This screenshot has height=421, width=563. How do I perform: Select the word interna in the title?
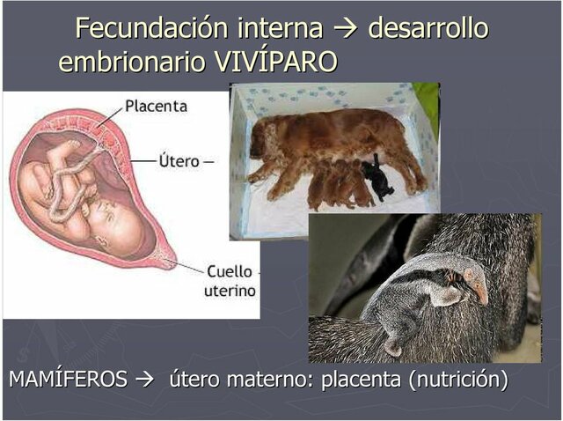click(x=279, y=28)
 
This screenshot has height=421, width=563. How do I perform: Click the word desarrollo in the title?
click(x=428, y=28)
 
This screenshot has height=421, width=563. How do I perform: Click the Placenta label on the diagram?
click(x=156, y=106)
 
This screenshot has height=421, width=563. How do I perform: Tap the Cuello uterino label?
click(x=229, y=281)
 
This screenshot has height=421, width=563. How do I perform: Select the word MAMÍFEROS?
click(x=68, y=380)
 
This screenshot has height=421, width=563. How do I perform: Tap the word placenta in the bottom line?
click(x=361, y=380)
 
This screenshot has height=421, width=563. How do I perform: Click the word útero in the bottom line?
click(x=194, y=380)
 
